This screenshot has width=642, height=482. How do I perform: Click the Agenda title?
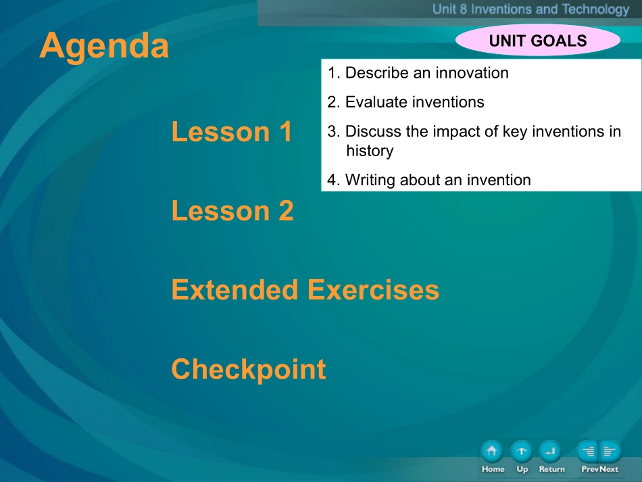pyautogui.click(x=104, y=46)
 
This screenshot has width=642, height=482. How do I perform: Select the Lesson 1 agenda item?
pyautogui.click(x=232, y=132)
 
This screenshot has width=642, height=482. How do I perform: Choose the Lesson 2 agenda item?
pyautogui.click(x=232, y=211)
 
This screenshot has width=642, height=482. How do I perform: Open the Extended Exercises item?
pyautogui.click(x=305, y=289)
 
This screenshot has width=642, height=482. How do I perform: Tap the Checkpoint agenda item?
pyautogui.click(x=249, y=369)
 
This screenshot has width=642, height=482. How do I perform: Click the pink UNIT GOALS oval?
pyautogui.click(x=538, y=40)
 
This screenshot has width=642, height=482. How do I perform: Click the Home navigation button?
pyautogui.click(x=492, y=452)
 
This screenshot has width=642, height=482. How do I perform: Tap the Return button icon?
pyautogui.click(x=550, y=452)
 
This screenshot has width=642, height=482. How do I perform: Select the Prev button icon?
pyautogui.click(x=587, y=452)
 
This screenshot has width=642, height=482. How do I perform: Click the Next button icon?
pyautogui.click(x=610, y=452)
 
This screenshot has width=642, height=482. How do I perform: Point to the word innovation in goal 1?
pyautogui.click(x=472, y=73)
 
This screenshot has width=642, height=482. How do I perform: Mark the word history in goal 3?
pyautogui.click(x=370, y=151)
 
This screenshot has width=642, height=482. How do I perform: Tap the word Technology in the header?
pyautogui.click(x=596, y=9)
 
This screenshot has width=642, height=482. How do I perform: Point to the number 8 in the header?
pyautogui.click(x=463, y=9)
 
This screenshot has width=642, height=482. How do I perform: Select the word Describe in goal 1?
pyautogui.click(x=377, y=73)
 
